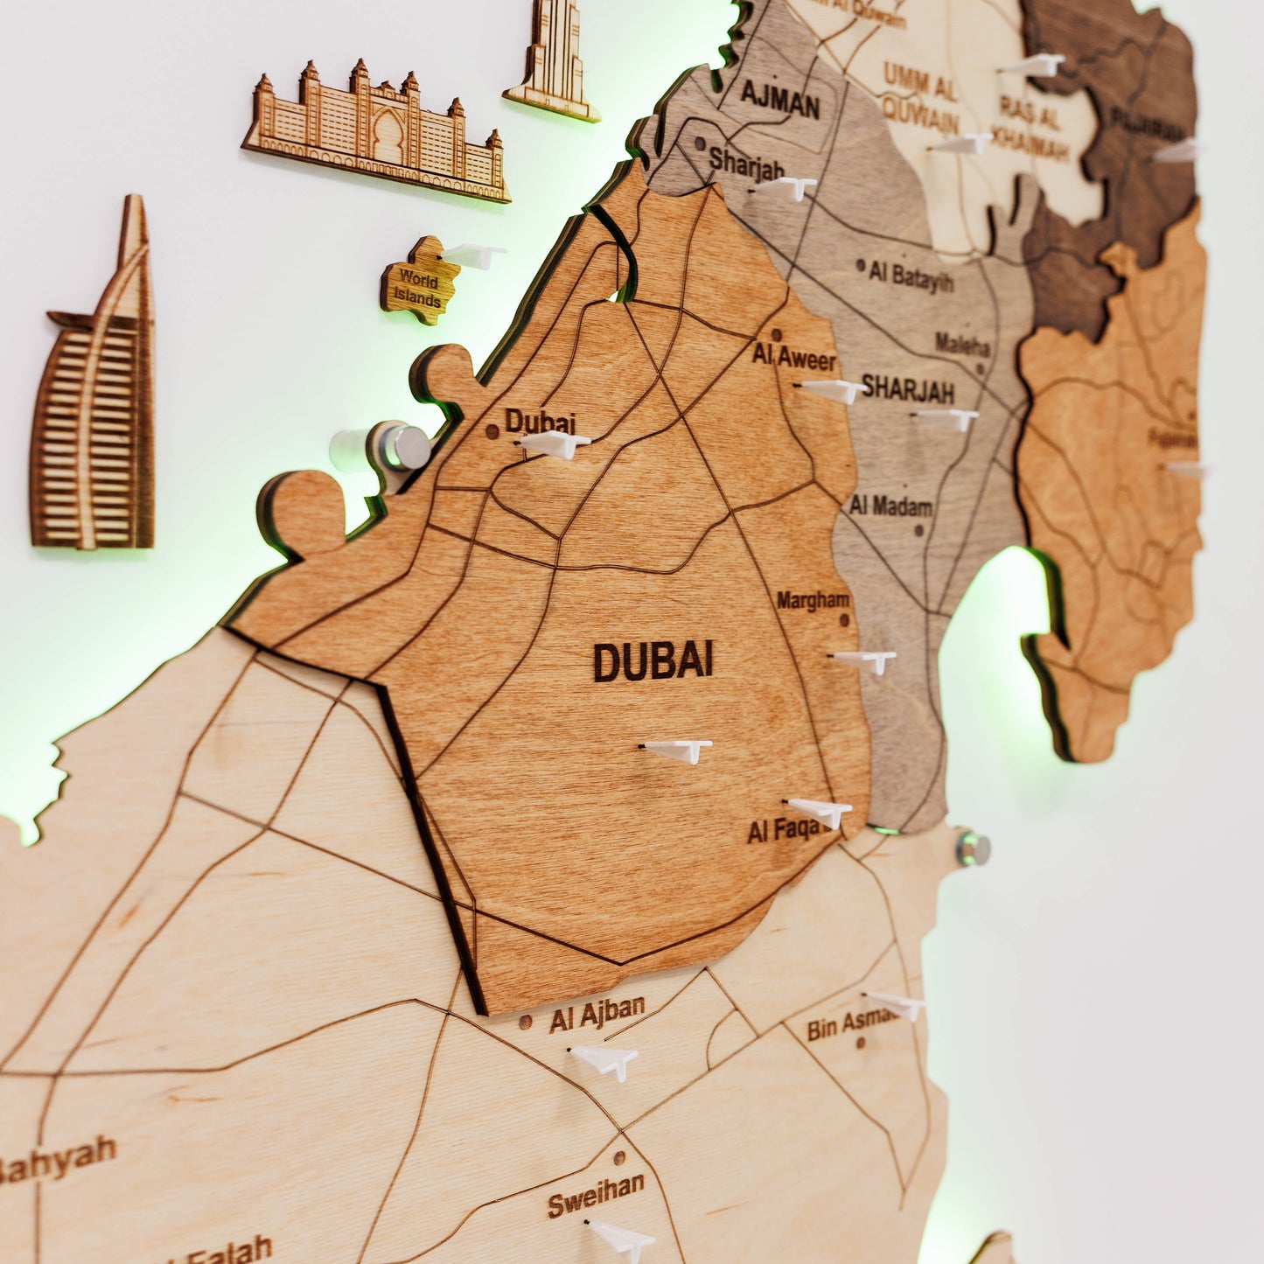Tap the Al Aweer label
pyautogui.click(x=794, y=358)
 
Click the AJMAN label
pyautogui.click(x=779, y=100)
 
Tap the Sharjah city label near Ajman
pyautogui.click(x=745, y=163)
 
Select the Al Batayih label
pyautogui.click(x=911, y=276)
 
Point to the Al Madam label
pyautogui.click(x=890, y=506)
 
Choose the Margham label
pyautogui.click(x=813, y=600)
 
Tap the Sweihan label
pyautogui.click(x=596, y=1193)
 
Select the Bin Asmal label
pyautogui.click(x=850, y=1023)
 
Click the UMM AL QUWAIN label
pyautogui.click(x=920, y=96)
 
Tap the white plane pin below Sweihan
pyautogui.click(x=623, y=1239)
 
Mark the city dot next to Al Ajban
pyautogui.click(x=525, y=1022)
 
